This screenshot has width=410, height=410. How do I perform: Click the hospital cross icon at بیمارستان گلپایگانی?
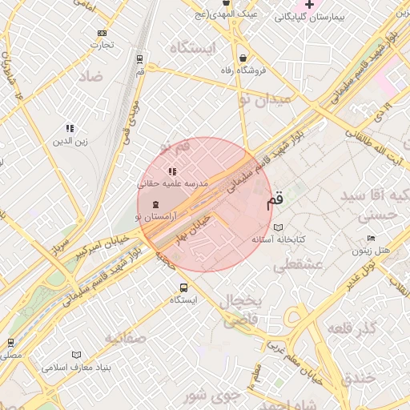coord(310,5)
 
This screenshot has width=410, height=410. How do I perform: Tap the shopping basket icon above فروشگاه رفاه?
coord(243,58)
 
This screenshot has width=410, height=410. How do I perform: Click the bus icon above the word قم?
coord(140,58)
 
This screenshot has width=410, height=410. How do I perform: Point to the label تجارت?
coord(102,45)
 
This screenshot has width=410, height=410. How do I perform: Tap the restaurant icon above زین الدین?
coord(70,128)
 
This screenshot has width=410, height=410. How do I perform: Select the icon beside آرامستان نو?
coord(155,205)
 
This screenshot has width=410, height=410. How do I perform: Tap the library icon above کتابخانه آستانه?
coord(278,227)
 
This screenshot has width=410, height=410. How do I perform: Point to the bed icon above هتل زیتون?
coord(370,239)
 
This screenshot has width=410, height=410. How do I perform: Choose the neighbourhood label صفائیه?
coord(124,338)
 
